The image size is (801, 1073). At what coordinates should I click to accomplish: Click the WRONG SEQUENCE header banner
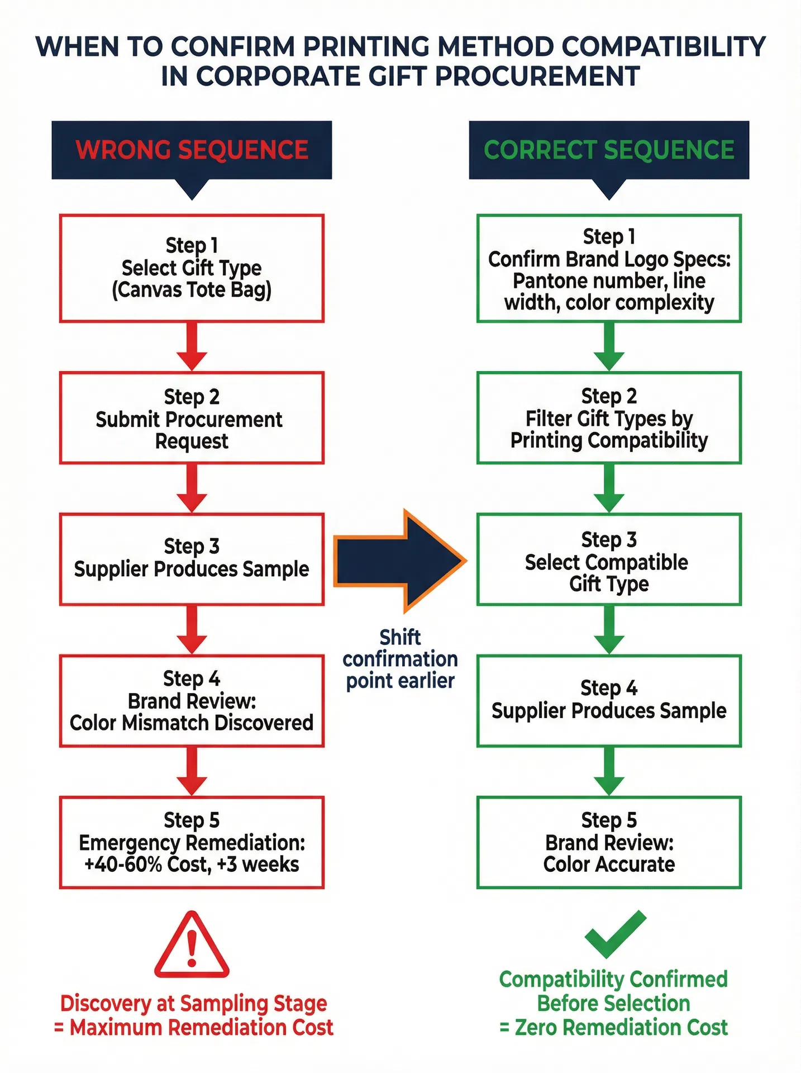[192, 150]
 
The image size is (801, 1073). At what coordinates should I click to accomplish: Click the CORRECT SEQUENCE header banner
[609, 150]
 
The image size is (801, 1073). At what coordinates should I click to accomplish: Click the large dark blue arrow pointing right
[399, 561]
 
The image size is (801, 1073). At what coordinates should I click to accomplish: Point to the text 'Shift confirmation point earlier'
[400, 659]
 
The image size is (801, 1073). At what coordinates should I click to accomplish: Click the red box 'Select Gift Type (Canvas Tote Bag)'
[192, 268]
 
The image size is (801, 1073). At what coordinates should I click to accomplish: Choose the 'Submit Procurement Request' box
[192, 418]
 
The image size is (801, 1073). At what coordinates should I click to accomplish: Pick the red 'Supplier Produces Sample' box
[192, 559]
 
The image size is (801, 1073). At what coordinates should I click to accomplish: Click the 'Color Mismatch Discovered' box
[192, 701]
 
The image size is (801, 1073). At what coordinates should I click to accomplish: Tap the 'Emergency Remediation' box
[192, 842]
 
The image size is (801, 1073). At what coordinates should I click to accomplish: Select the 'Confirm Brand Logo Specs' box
[609, 268]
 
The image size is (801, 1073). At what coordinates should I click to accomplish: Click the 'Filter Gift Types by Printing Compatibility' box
[609, 418]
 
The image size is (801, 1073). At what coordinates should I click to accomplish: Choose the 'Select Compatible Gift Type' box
[609, 559]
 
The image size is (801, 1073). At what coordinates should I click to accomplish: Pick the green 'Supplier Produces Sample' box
[609, 701]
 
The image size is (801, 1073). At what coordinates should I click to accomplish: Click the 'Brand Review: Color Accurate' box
[609, 842]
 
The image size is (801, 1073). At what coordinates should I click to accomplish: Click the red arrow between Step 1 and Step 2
[192, 346]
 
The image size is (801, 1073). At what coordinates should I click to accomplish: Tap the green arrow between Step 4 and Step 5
[609, 771]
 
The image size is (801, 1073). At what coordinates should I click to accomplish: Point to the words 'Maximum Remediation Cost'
[201, 1027]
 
